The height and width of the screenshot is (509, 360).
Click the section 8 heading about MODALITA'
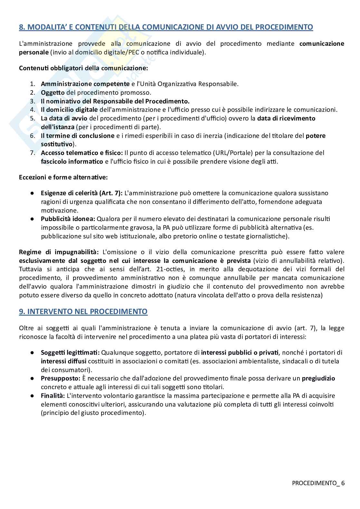(x=166, y=27)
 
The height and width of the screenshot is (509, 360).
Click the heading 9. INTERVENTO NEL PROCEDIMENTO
(x=83, y=312)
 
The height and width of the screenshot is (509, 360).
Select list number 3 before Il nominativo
(x=32, y=101)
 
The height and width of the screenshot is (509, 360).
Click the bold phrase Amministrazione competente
(x=85, y=84)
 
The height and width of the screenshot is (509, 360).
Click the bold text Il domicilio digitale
(x=69, y=110)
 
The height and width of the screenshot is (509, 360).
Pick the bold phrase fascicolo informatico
(x=72, y=162)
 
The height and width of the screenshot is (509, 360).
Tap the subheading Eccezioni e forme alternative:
(x=63, y=177)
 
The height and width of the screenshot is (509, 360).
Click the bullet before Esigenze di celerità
(x=33, y=193)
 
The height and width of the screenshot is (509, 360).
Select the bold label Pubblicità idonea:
(x=68, y=219)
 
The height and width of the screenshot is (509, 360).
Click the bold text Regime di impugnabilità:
(x=58, y=252)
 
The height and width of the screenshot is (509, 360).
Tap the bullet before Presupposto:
(x=33, y=379)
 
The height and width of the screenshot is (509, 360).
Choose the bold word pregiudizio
(x=318, y=379)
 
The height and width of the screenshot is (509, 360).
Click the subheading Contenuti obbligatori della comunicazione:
(x=83, y=68)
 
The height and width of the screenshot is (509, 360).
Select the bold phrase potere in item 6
(x=316, y=136)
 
